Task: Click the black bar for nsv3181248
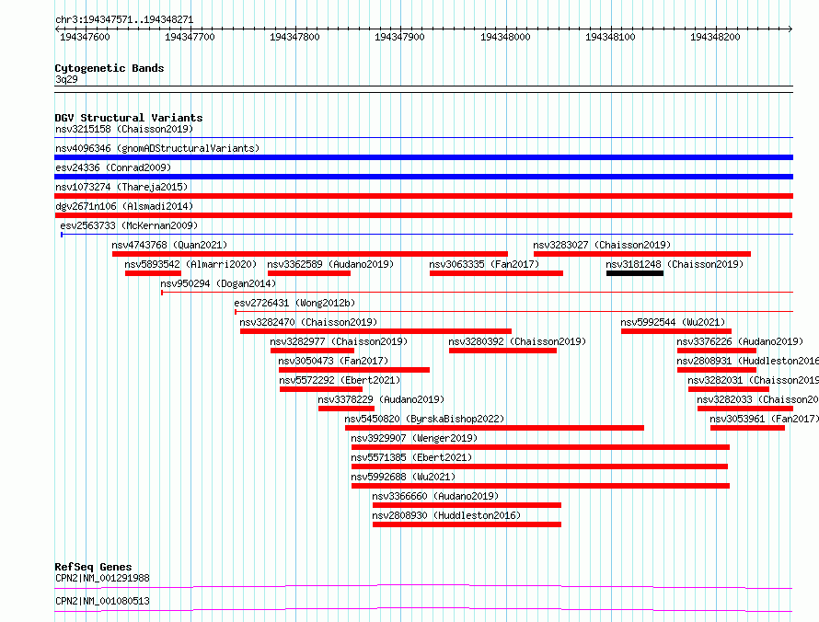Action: pyautogui.click(x=634, y=273)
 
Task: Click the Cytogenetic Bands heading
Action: pyautogui.click(x=109, y=68)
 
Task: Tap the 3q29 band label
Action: pyautogui.click(x=66, y=79)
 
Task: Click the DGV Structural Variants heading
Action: pyautogui.click(x=128, y=118)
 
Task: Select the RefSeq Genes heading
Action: pyautogui.click(x=93, y=567)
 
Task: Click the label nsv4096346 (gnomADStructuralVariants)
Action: pyautogui.click(x=157, y=148)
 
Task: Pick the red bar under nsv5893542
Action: pyautogui.click(x=153, y=273)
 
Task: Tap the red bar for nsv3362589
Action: pyautogui.click(x=308, y=273)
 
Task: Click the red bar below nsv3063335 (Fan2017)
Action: pyautogui.click(x=496, y=273)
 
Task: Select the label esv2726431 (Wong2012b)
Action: pyautogui.click(x=294, y=303)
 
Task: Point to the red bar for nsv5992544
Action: pyautogui.click(x=675, y=331)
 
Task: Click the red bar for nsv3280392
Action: pyautogui.click(x=502, y=351)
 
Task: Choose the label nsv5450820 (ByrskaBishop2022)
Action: pyautogui.click(x=424, y=419)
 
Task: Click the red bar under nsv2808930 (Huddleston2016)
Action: pyautogui.click(x=467, y=524)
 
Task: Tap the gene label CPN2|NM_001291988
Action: pyautogui.click(x=102, y=578)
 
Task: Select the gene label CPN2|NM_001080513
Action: pyautogui.click(x=102, y=601)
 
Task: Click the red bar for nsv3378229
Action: pyautogui.click(x=346, y=409)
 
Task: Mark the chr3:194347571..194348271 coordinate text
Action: pyautogui.click(x=123, y=18)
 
